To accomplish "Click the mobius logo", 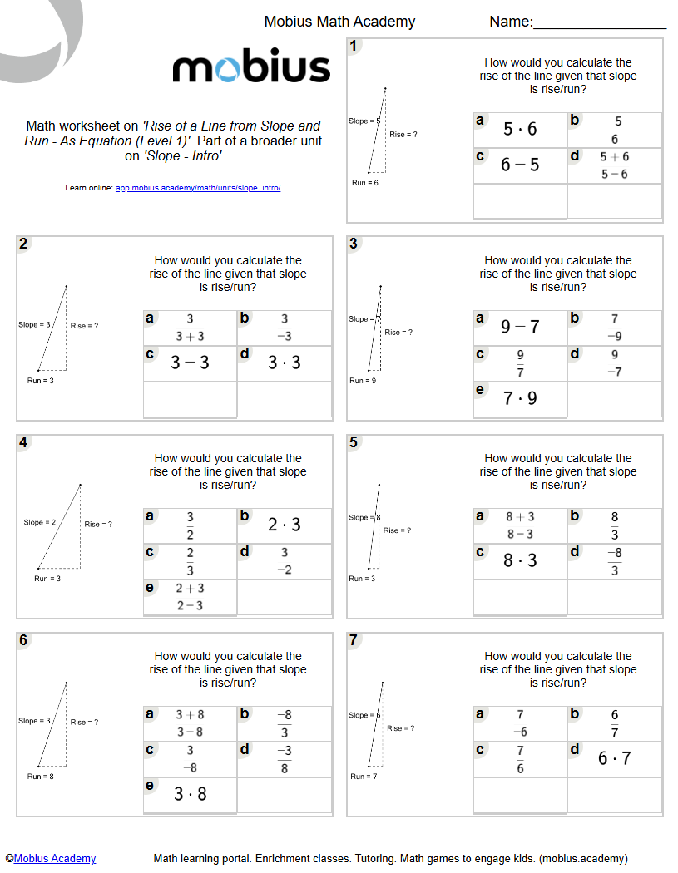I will [251, 67].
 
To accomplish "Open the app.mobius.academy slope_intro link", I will [198, 188].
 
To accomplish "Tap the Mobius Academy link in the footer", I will [55, 858].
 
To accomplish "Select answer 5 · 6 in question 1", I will [520, 129].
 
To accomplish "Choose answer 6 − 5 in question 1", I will [520, 165].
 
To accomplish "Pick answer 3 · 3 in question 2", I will [285, 363].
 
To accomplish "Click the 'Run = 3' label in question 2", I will [40, 380].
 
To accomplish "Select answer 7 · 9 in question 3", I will [520, 398].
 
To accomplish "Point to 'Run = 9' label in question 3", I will [363, 380].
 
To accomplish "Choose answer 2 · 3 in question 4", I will [285, 525].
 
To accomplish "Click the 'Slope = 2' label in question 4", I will [40, 522].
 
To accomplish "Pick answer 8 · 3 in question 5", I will [520, 560].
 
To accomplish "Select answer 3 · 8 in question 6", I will [190, 794].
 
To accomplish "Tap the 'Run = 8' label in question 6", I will [40, 776].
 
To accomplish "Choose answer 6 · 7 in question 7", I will [615, 758].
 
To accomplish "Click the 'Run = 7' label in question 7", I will [364, 776].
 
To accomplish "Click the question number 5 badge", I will [354, 442].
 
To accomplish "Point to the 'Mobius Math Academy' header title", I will [339, 22].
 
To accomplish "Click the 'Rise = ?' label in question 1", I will [403, 134].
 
